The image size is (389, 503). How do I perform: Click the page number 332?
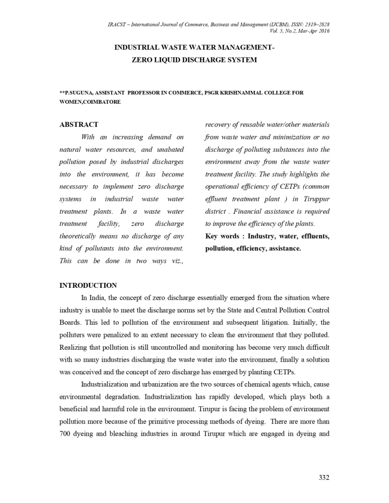[323, 477]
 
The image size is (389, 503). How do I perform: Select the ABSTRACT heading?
[79, 125]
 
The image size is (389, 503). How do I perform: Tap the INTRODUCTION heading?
[88, 285]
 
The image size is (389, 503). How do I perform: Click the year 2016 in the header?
[323, 31]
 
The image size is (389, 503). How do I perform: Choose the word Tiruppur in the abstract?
[316, 199]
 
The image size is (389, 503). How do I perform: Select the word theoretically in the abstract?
[82, 236]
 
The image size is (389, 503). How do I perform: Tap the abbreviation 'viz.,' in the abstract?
[175, 261]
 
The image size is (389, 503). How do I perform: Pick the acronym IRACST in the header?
[116, 24]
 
